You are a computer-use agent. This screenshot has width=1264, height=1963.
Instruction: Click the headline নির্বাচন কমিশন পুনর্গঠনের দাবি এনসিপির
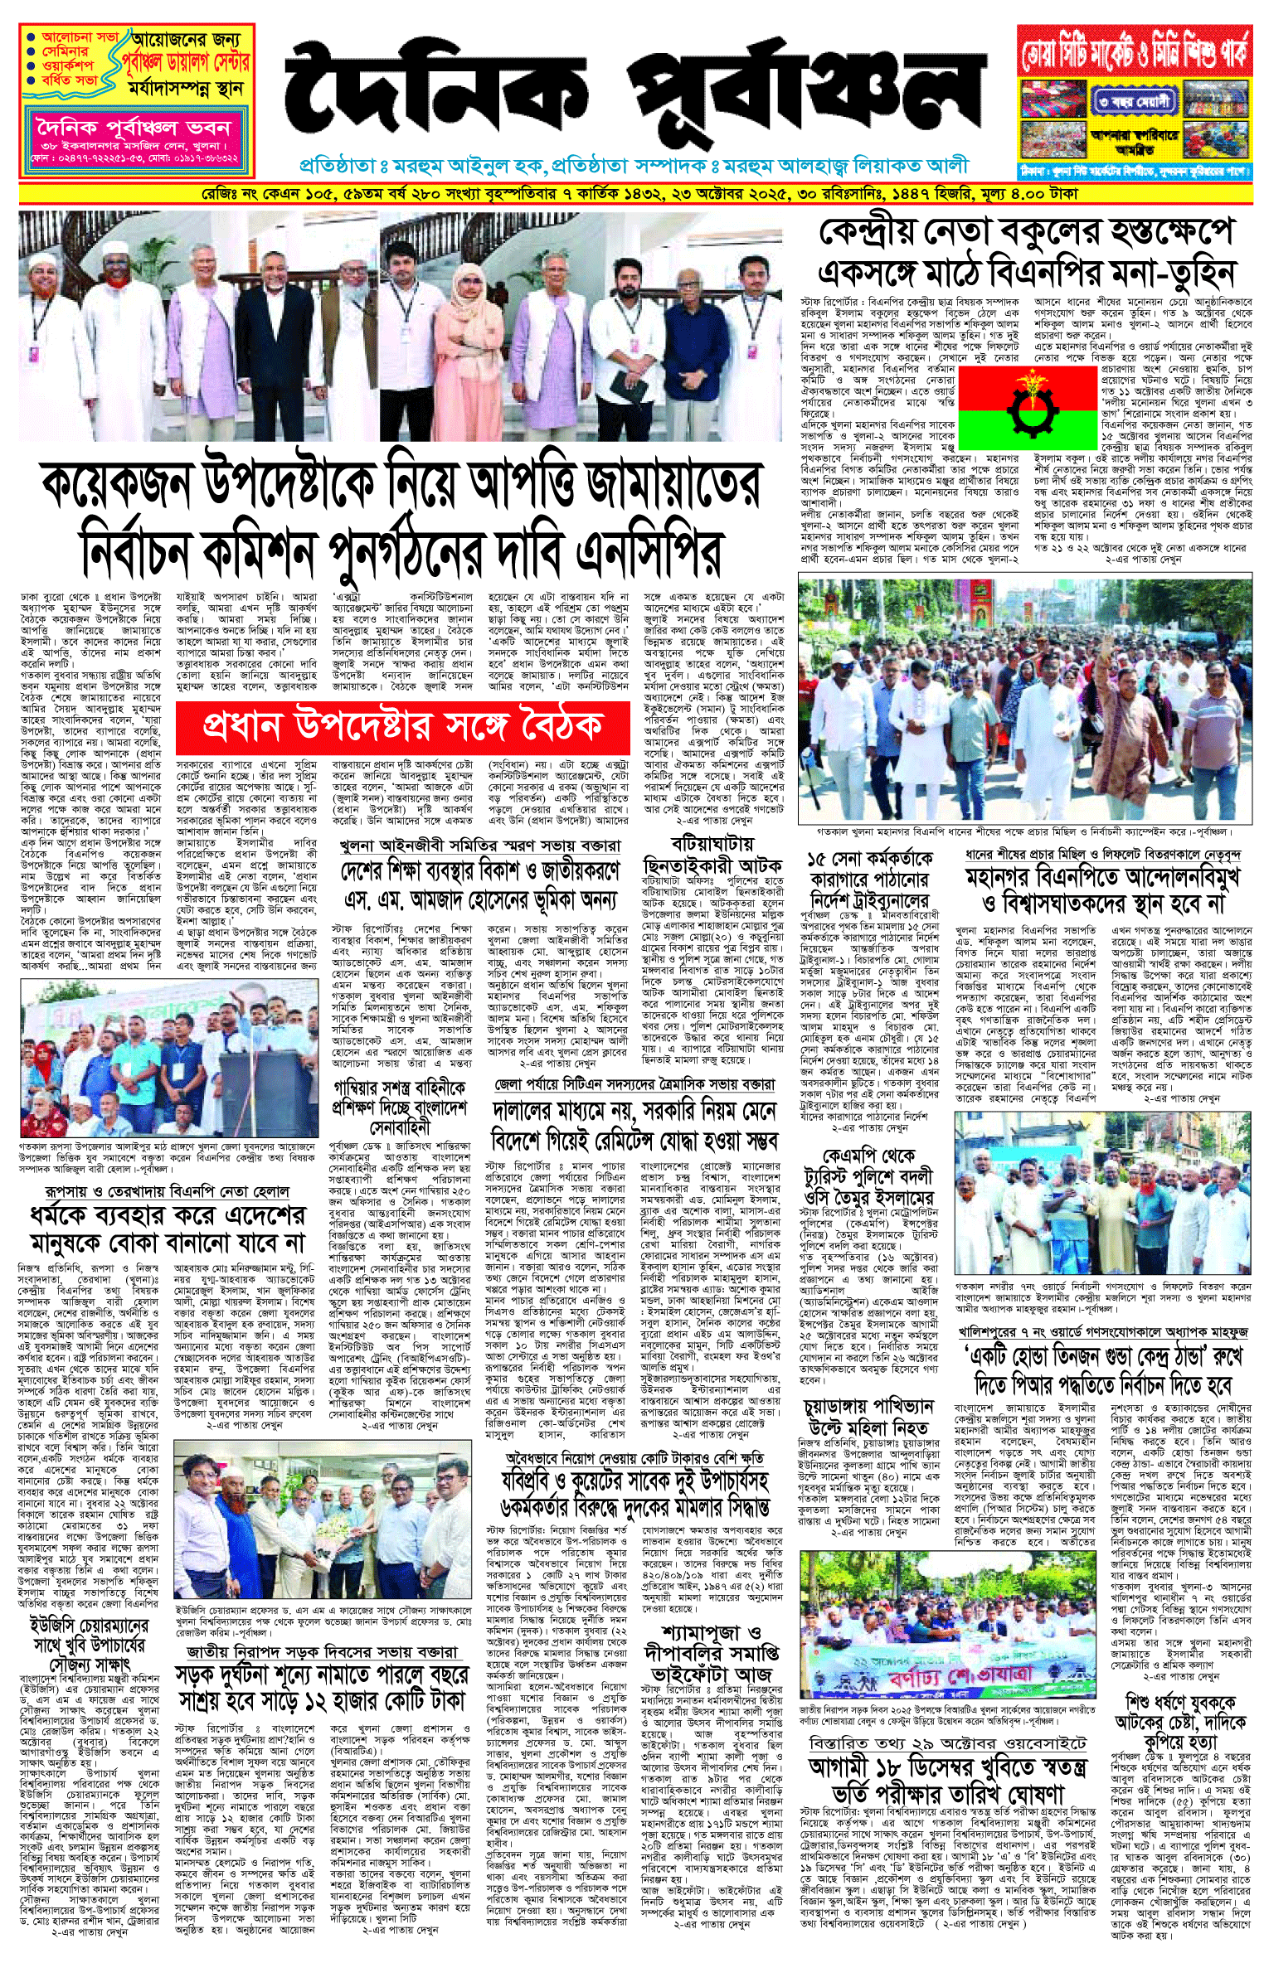(401, 550)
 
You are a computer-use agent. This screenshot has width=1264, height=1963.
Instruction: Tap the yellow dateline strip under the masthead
(632, 194)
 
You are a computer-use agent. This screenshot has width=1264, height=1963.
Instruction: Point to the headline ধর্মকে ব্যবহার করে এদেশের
(168, 1218)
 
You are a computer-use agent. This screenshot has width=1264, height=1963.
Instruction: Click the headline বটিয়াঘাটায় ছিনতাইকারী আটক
(712, 855)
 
